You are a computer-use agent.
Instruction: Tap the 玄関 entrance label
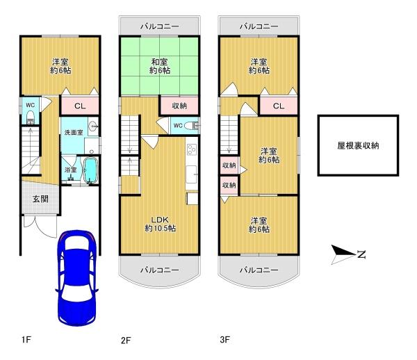pyautogui.click(x=41, y=199)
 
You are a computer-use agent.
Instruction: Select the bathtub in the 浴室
pyautogui.click(x=91, y=170)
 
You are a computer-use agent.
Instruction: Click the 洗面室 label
pyautogui.click(x=74, y=132)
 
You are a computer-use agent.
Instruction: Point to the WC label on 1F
pyautogui.click(x=31, y=105)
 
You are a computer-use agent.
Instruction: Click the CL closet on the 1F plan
pyautogui.click(x=80, y=106)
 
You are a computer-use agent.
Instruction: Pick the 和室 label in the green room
pyautogui.click(x=159, y=67)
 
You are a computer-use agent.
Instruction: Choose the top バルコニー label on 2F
pyautogui.click(x=159, y=26)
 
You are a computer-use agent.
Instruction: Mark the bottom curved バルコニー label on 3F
pyautogui.click(x=259, y=270)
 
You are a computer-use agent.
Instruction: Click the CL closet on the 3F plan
pyautogui.click(x=278, y=106)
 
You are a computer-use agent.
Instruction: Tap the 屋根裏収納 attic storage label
pyautogui.click(x=358, y=145)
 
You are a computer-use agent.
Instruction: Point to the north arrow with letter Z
pyautogui.click(x=347, y=254)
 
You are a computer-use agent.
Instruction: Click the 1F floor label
pyautogui.click(x=26, y=340)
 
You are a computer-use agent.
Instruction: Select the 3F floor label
pyautogui.click(x=224, y=340)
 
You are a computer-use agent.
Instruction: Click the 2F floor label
pyautogui.click(x=125, y=341)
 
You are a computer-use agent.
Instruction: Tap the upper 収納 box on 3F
pyautogui.click(x=229, y=166)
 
